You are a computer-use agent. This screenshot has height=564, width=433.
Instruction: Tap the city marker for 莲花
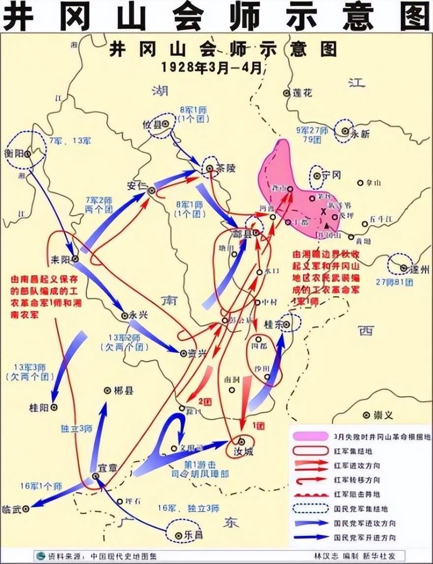coord(286,93)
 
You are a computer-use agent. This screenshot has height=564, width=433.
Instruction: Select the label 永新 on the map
coord(359,133)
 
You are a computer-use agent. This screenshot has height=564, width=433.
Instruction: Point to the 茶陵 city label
coord(226,168)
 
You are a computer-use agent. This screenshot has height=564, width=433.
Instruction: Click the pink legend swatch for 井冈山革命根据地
coord(309,436)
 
